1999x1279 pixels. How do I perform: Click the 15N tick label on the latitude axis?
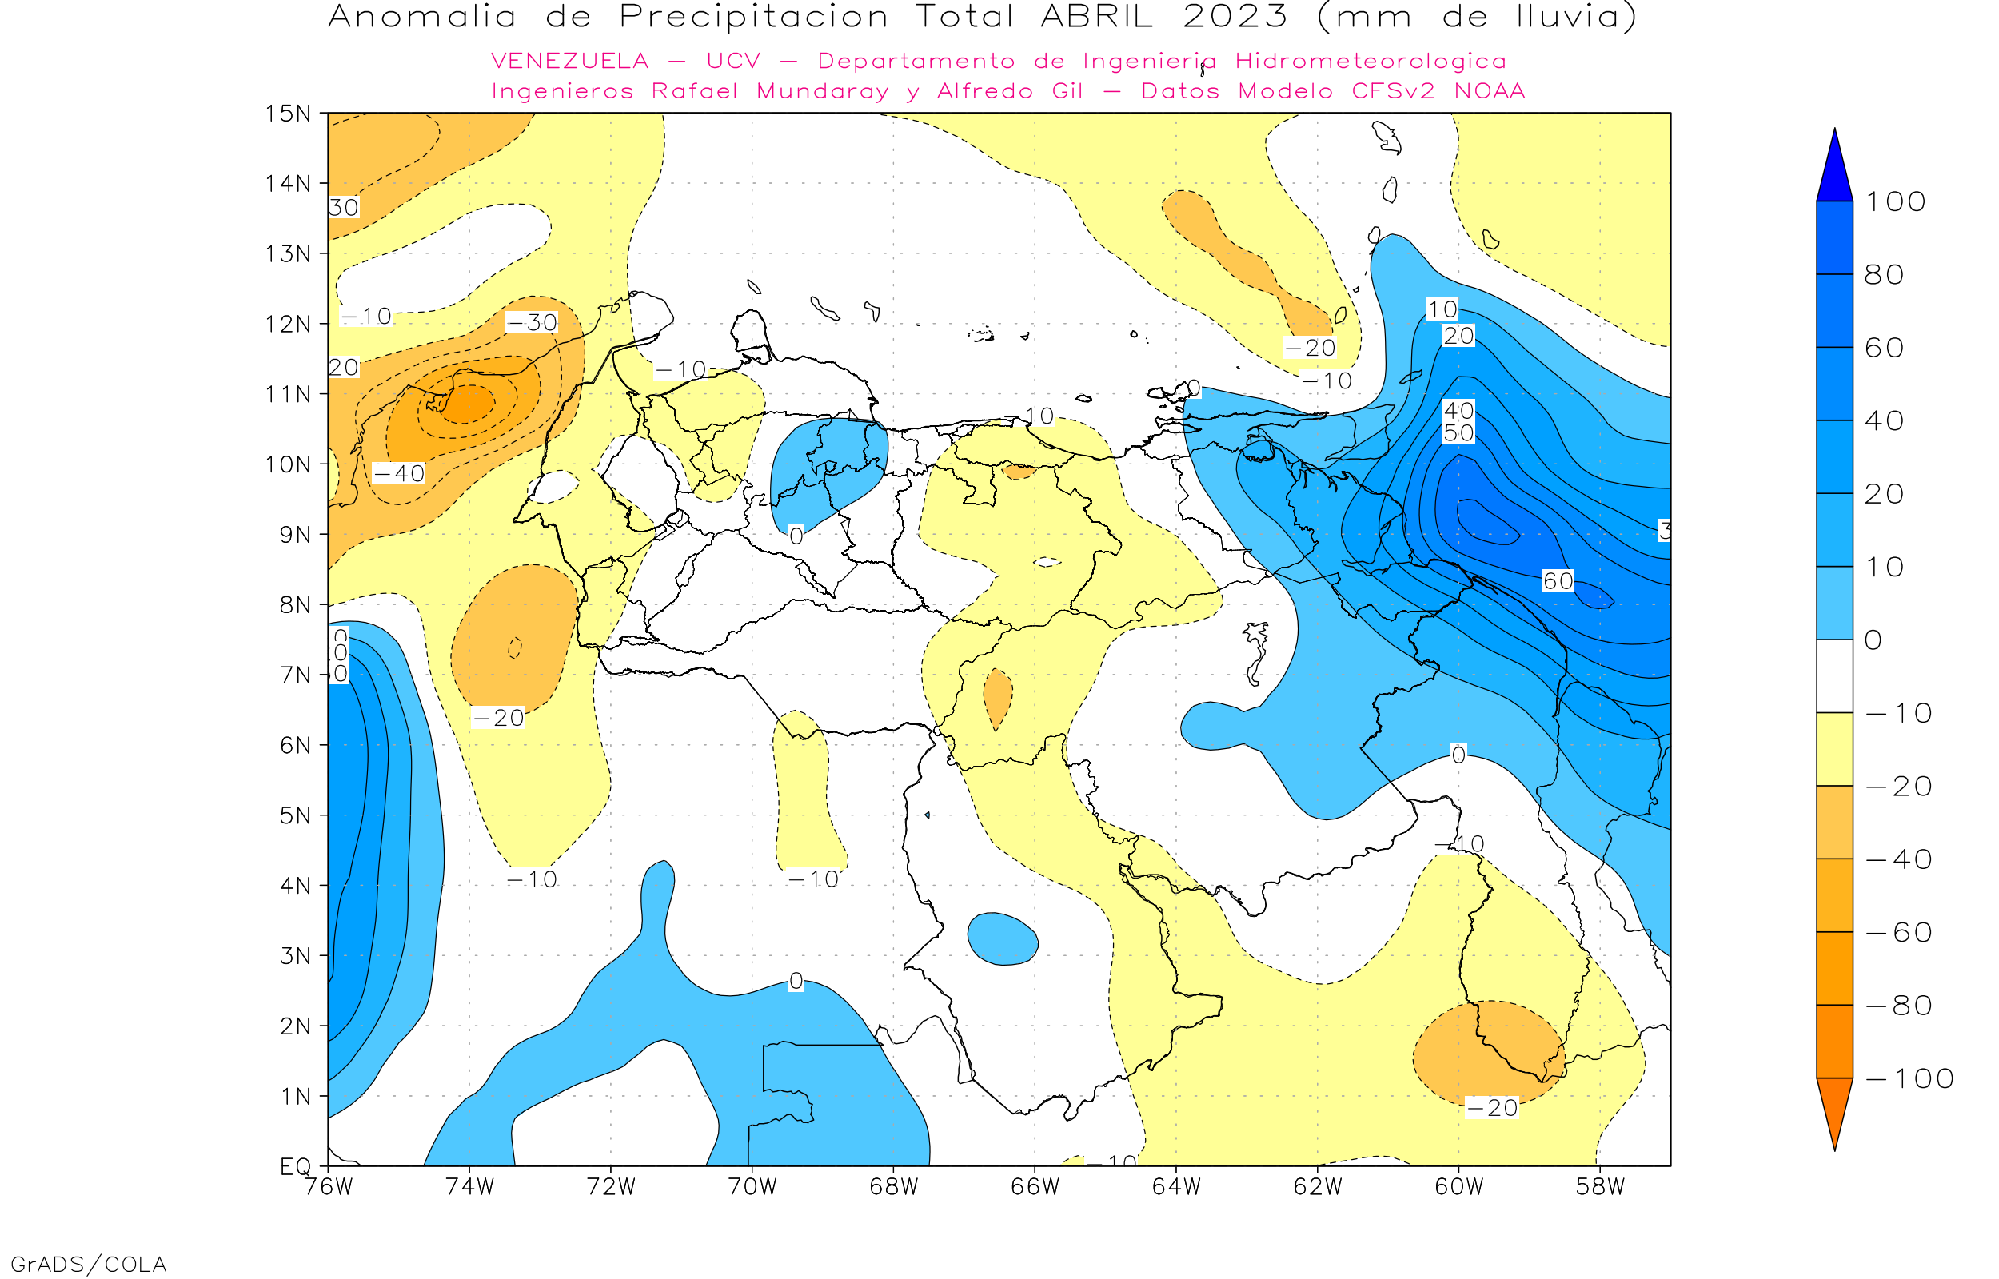[x=287, y=113]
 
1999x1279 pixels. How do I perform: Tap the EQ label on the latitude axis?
[x=295, y=1166]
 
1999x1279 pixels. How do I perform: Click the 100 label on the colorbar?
[x=1895, y=201]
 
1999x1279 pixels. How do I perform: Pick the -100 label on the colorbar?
[x=1909, y=1079]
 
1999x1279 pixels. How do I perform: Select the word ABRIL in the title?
[x=1096, y=17]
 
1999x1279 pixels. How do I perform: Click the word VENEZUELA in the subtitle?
[x=570, y=62]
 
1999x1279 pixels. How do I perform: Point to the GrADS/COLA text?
[x=88, y=1265]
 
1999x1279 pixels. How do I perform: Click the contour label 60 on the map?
[x=1557, y=581]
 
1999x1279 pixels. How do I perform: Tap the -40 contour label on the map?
[x=399, y=473]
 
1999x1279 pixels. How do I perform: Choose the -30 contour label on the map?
[x=532, y=322]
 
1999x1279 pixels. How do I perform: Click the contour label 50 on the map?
[x=1458, y=432]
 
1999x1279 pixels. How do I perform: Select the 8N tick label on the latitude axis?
[x=295, y=604]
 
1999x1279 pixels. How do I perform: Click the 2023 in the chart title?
[x=1235, y=17]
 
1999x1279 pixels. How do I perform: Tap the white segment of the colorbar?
[x=1834, y=676]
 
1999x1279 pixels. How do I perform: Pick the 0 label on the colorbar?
[x=1873, y=640]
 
